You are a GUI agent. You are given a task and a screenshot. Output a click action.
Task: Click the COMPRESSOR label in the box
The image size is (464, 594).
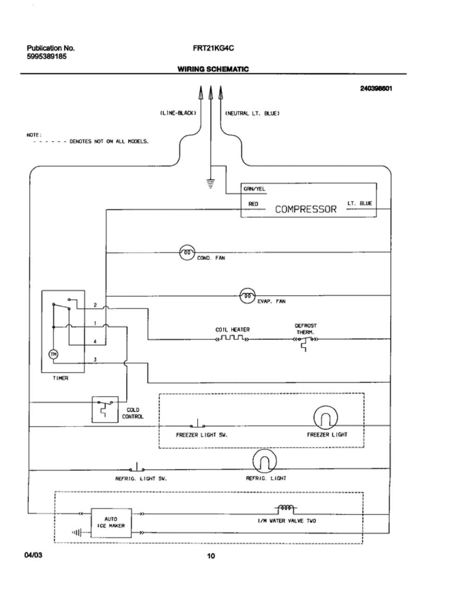tap(305, 209)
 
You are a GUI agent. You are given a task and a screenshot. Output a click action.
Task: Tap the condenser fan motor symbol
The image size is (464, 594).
tap(187, 252)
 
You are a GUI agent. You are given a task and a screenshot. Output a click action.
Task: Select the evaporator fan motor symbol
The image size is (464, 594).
tap(248, 296)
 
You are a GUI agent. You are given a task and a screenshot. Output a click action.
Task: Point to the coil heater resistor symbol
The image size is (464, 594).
tap(232, 338)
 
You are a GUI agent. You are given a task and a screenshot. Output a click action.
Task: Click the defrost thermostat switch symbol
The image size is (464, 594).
tap(305, 343)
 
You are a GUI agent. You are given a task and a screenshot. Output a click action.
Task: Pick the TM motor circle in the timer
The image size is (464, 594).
tap(53, 355)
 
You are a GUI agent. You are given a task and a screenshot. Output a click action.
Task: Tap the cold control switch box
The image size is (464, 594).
tap(105, 409)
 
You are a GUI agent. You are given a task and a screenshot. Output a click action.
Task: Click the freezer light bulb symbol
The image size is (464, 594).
tap(325, 417)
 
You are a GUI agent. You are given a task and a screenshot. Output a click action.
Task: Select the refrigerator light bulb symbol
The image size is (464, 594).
tap(264, 461)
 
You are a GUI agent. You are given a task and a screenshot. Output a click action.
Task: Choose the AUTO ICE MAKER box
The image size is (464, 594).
tap(111, 523)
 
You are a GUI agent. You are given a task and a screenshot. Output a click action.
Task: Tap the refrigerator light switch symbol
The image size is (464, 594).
tap(136, 468)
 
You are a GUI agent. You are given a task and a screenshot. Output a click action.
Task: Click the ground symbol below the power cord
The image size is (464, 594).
tap(211, 184)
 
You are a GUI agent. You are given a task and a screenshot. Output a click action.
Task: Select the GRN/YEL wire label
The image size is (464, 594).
tap(254, 189)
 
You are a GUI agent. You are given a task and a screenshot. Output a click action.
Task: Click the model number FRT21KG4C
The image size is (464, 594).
tap(213, 48)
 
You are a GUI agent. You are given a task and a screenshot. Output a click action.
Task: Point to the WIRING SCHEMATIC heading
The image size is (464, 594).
tap(213, 69)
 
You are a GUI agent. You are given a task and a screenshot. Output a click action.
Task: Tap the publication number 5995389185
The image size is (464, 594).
tap(46, 57)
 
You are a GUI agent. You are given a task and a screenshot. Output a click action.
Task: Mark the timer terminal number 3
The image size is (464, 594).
tap(95, 360)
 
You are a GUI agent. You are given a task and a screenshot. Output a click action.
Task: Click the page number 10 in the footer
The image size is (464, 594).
tap(211, 556)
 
